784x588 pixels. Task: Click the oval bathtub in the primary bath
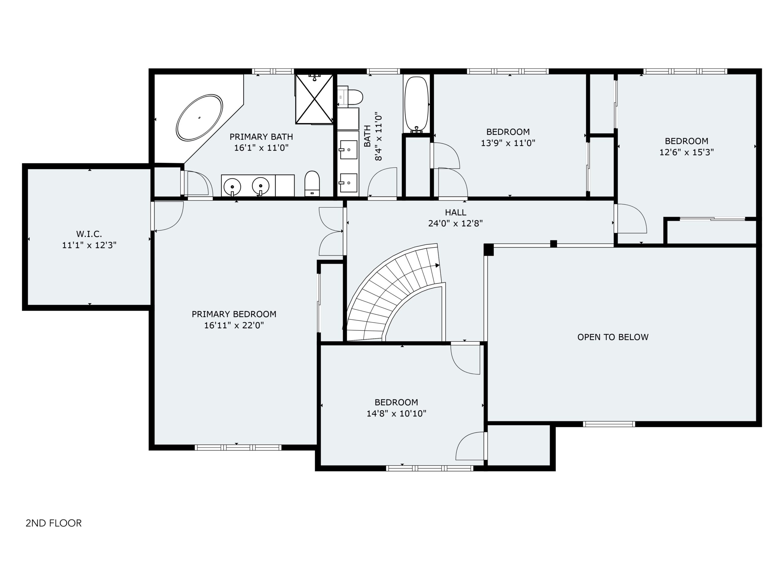[x=200, y=117]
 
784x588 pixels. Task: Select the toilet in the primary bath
[x=312, y=183]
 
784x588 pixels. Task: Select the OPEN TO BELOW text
[x=613, y=337]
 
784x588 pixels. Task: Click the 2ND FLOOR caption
[x=54, y=523]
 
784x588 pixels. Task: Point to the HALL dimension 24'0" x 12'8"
[x=455, y=223]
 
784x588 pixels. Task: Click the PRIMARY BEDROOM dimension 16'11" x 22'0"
[x=234, y=325]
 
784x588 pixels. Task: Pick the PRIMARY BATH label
[x=261, y=137]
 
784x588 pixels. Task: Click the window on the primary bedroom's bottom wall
[x=238, y=447]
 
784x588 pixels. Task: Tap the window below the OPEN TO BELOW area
[x=609, y=424]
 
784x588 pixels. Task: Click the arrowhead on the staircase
[x=437, y=266]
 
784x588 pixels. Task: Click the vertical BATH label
[x=367, y=136]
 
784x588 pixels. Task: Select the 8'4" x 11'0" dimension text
[x=379, y=138]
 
